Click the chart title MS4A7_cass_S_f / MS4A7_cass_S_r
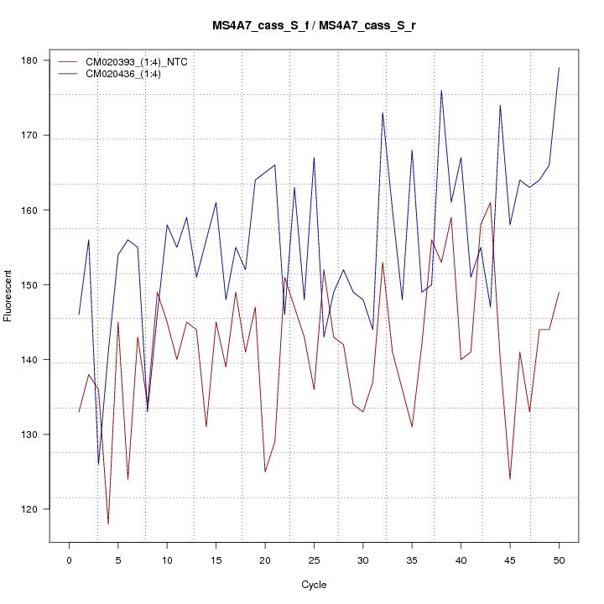click(314, 25)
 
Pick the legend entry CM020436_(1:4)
click(129, 74)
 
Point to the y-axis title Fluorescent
click(8, 295)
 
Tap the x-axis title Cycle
click(314, 585)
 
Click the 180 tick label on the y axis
click(38, 60)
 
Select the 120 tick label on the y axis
click(38, 509)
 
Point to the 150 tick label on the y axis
click(38, 285)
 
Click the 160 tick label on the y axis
click(38, 211)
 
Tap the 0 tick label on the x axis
click(69, 560)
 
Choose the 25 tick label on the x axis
click(314, 560)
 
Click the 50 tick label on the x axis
click(559, 560)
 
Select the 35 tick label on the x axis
click(412, 560)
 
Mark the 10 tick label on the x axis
click(167, 560)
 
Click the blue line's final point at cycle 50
click(559, 68)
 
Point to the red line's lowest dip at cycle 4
click(108, 524)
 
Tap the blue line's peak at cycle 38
click(441, 91)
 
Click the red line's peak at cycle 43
click(490, 202)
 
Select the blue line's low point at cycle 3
click(98, 464)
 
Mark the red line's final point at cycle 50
click(559, 293)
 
